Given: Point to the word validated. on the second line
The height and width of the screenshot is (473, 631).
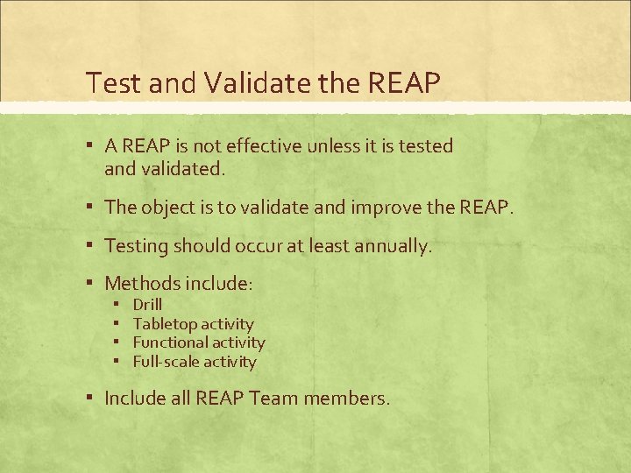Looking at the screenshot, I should click(183, 168).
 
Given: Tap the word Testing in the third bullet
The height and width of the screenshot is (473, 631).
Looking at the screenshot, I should click(135, 246).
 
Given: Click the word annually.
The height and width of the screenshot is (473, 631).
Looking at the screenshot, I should click(393, 247).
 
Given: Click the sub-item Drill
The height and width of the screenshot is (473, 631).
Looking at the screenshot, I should click(147, 305).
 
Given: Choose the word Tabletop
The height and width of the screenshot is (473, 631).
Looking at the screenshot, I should click(165, 324).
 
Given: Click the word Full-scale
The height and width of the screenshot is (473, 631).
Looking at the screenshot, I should click(167, 362).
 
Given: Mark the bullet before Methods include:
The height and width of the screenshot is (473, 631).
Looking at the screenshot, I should click(91, 282).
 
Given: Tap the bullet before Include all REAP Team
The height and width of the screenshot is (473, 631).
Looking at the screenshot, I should click(91, 398).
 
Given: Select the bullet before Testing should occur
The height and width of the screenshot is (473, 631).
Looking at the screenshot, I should click(91, 245).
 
